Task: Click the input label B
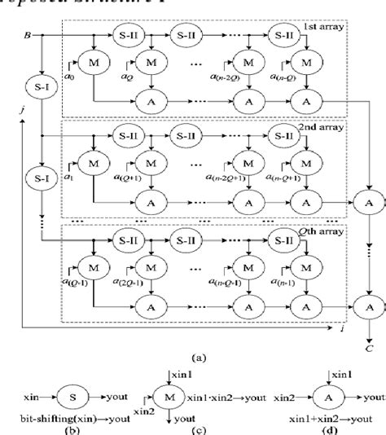(29, 36)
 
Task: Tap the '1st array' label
(322, 29)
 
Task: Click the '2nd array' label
(322, 127)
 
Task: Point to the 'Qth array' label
(322, 230)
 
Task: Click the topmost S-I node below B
(38, 86)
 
